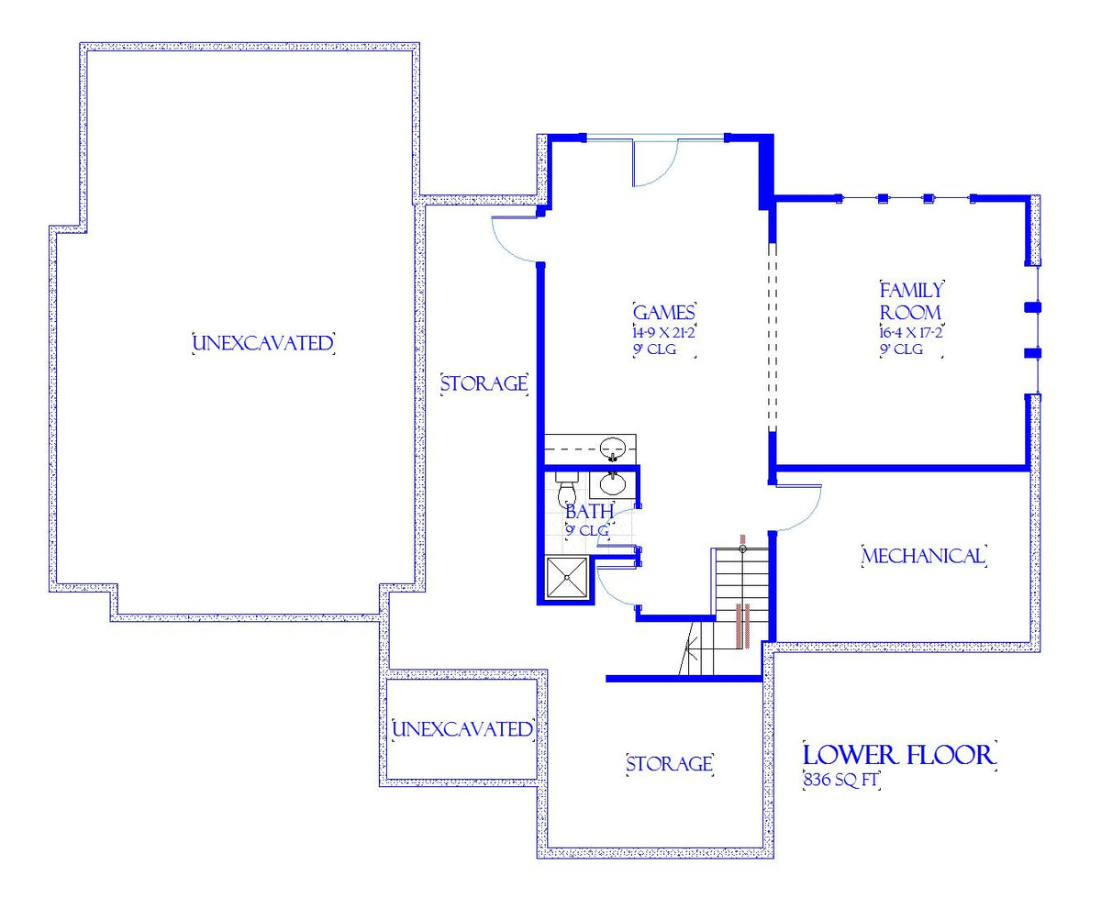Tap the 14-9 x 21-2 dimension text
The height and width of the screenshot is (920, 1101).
click(664, 332)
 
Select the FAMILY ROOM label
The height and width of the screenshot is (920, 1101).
click(911, 302)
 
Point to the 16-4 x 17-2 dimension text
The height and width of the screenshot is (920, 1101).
click(911, 332)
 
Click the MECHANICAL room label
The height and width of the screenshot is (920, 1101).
click(924, 556)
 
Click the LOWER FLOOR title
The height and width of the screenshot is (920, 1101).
click(898, 755)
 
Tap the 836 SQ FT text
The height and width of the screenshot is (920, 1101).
click(840, 780)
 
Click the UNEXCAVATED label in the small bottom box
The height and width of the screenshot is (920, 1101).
click(462, 729)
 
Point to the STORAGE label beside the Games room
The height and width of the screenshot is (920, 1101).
click(484, 383)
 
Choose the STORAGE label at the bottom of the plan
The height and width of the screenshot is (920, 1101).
click(669, 763)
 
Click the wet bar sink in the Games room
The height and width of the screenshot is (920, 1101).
click(613, 449)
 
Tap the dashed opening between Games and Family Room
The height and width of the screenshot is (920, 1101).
click(773, 338)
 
